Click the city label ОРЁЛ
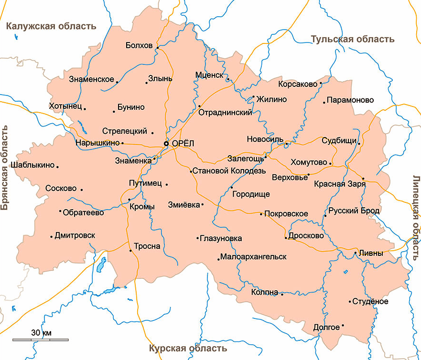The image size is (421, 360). (182, 143)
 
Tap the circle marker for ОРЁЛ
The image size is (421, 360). (166, 143)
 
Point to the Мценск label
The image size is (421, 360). (209, 75)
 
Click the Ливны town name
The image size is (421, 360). (372, 254)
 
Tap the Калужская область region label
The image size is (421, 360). (51, 26)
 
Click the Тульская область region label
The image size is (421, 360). (353, 39)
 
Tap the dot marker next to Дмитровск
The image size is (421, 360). (51, 236)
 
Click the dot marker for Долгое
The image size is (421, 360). (343, 326)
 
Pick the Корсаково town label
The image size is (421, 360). (297, 84)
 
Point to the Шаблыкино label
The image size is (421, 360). (34, 166)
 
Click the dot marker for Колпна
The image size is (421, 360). (282, 294)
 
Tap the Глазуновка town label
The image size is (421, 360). (221, 238)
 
